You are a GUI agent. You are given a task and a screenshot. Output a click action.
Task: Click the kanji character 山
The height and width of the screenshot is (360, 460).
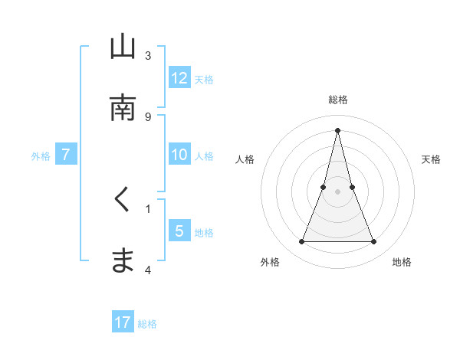(x=123, y=47)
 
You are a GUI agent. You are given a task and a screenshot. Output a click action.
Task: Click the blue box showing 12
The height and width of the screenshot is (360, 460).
(x=179, y=78)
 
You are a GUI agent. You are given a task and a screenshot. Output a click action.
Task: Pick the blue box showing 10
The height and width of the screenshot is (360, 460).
(x=179, y=155)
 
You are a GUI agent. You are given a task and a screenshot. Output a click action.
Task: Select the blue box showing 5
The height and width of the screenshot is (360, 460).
(x=179, y=231)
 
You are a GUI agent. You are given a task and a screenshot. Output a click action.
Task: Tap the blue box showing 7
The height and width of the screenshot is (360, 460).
(x=66, y=155)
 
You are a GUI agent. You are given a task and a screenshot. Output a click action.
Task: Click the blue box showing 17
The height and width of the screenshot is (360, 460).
(x=123, y=322)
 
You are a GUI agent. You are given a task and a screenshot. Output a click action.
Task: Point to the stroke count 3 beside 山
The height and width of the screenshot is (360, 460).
(x=148, y=56)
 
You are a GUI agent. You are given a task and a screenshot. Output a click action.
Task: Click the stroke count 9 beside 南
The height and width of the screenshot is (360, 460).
(x=148, y=116)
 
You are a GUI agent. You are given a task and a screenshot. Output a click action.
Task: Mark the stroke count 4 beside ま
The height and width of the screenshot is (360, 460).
(x=148, y=270)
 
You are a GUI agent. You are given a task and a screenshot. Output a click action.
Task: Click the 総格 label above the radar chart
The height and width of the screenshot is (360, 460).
(x=338, y=100)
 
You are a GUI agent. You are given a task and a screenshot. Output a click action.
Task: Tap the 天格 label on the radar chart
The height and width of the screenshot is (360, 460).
(x=432, y=159)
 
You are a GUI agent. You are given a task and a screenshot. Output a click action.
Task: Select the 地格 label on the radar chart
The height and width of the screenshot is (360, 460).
(x=402, y=262)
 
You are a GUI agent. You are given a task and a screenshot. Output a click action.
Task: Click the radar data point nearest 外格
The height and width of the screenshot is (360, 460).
(x=302, y=242)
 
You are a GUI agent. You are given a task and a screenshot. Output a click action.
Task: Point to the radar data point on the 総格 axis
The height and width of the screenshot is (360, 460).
(x=338, y=130)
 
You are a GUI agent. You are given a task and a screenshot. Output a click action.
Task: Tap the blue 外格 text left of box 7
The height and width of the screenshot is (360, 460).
(x=41, y=155)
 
